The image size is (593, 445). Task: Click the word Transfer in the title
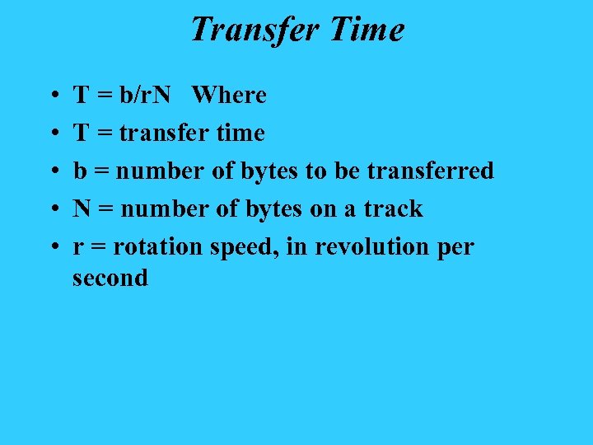254,30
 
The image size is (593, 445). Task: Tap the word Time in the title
367,30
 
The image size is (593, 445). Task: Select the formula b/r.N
145,95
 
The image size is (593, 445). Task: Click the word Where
229,95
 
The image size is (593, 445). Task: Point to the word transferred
430,171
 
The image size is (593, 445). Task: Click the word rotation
160,246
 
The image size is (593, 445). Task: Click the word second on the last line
110,278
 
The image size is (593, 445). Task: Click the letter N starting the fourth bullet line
82,208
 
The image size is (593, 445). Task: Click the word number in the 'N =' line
163,208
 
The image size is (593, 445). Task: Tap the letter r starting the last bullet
77,248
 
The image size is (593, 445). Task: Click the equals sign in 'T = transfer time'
104,133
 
